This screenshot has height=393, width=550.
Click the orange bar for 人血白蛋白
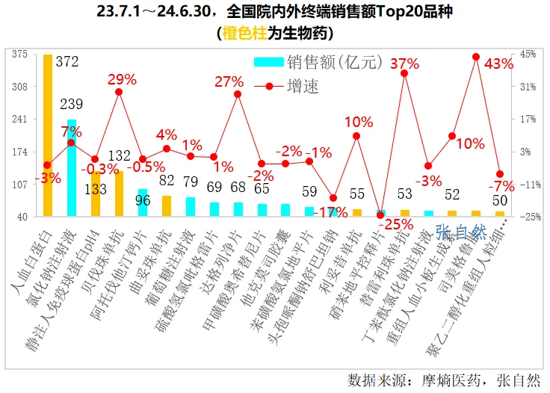(x=48, y=134)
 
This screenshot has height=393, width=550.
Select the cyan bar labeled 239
(x=72, y=168)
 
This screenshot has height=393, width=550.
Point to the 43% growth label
(x=499, y=64)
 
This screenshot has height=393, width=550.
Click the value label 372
(x=67, y=62)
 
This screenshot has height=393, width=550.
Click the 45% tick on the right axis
(x=528, y=54)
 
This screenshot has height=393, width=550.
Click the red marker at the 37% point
(x=404, y=72)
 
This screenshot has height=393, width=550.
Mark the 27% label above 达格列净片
(x=229, y=82)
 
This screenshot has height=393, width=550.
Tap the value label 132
(x=120, y=155)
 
